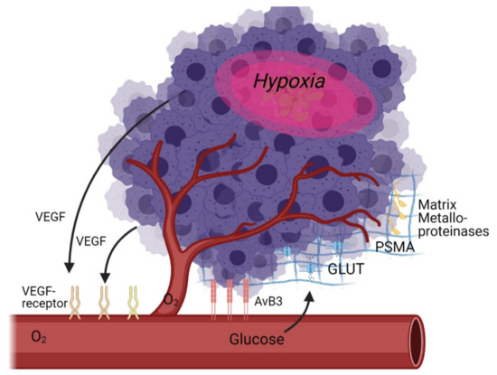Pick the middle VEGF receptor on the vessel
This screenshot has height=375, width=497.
pos(103,297)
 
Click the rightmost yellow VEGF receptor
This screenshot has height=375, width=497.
pos(135,297)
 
